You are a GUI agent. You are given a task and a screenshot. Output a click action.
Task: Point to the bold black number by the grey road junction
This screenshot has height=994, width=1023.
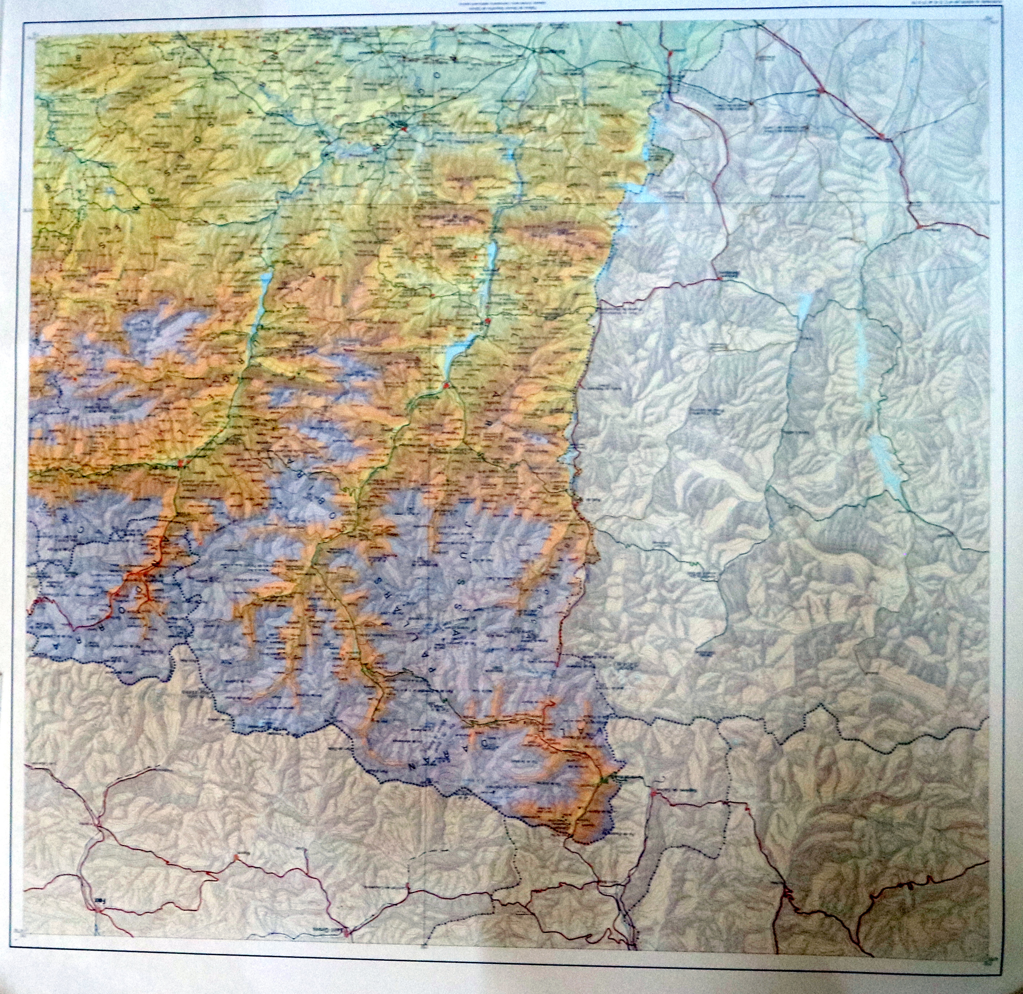[100, 900]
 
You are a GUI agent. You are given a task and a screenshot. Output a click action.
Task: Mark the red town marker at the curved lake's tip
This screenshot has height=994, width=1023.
[446, 385]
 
